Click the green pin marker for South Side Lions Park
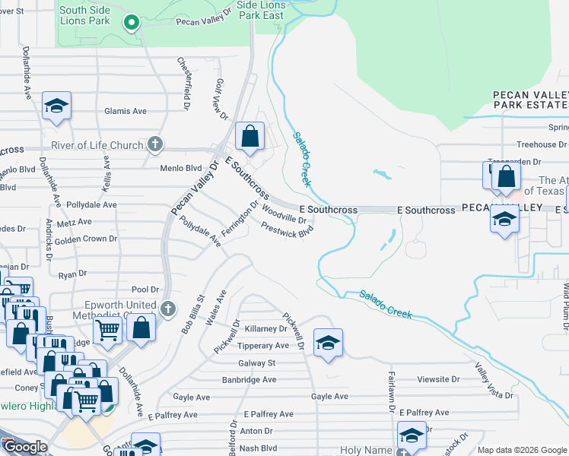click(x=132, y=24)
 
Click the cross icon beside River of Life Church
click(x=155, y=143)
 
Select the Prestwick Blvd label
click(x=287, y=230)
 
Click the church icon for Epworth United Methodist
click(x=168, y=309)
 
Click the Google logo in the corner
click(x=24, y=447)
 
